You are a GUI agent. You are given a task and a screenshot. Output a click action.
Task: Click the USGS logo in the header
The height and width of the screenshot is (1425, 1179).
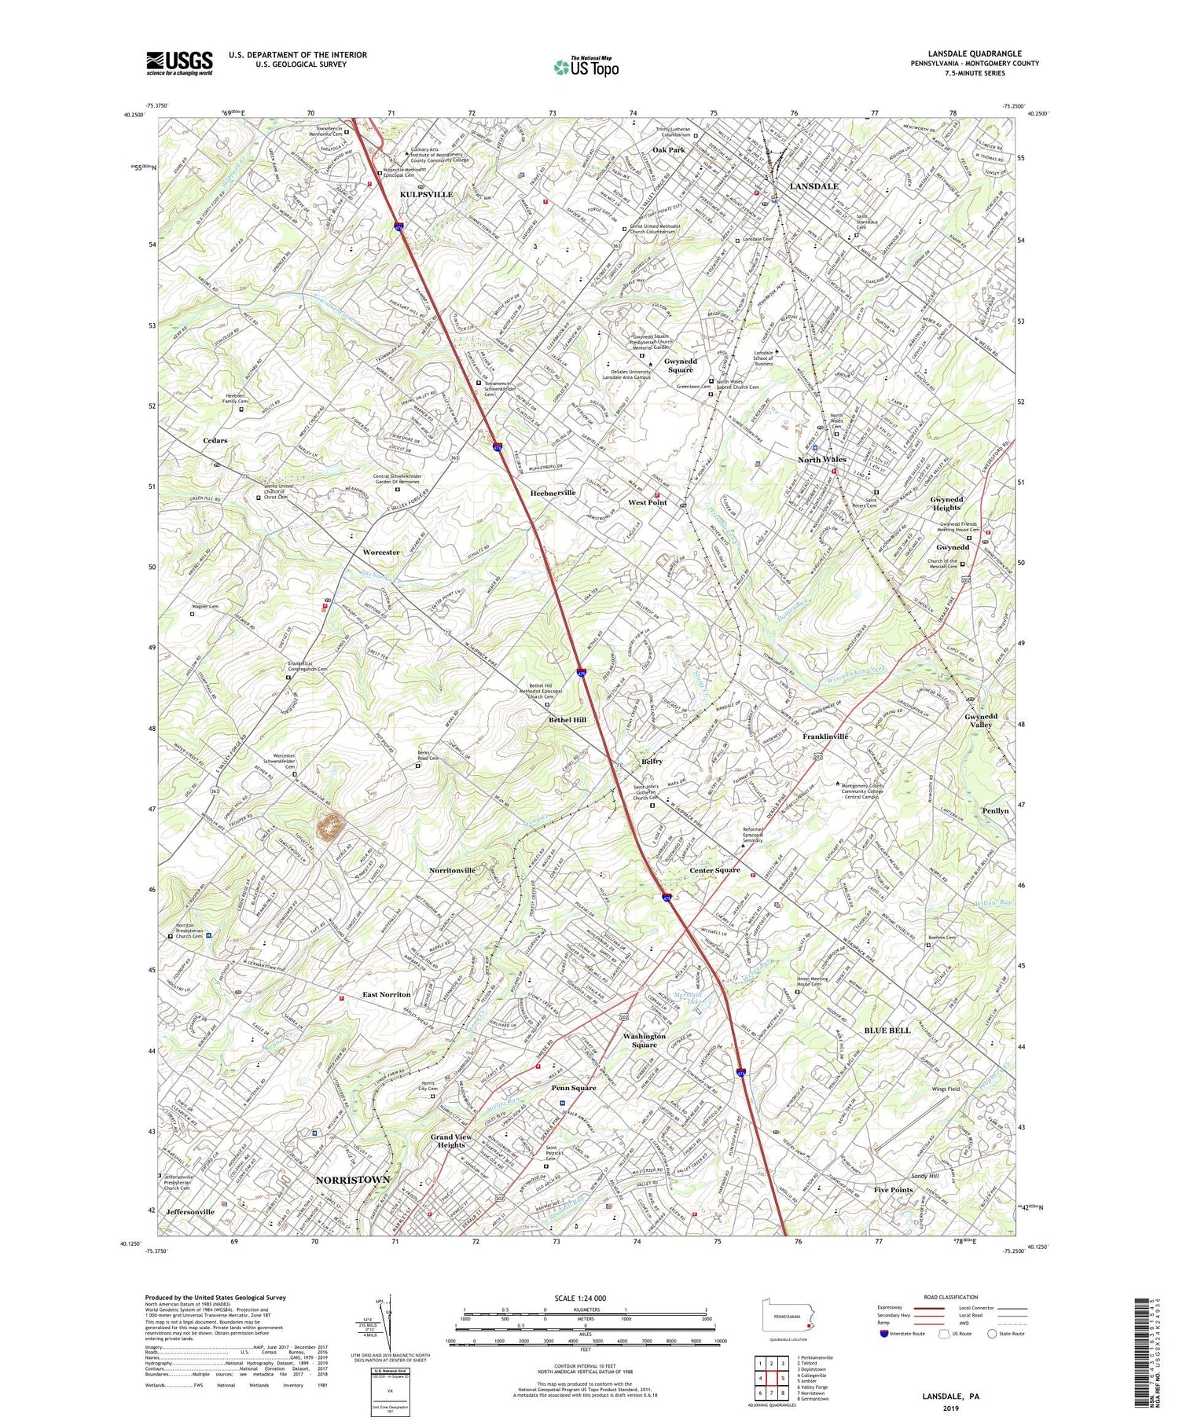click(179, 63)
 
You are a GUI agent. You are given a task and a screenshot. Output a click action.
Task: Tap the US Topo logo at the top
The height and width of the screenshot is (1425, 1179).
click(586, 67)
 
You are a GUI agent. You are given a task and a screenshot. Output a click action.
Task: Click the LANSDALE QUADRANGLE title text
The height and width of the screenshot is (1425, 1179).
click(974, 53)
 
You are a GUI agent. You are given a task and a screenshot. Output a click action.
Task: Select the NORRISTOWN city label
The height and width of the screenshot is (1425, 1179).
click(353, 1180)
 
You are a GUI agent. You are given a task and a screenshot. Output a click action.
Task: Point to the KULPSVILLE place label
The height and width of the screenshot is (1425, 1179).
click(427, 194)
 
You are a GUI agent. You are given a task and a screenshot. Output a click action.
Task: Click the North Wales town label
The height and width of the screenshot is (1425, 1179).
click(822, 459)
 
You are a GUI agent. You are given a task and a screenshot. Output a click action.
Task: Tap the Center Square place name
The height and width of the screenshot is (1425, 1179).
click(714, 870)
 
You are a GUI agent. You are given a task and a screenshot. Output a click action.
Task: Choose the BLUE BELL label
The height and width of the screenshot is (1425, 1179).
click(887, 1030)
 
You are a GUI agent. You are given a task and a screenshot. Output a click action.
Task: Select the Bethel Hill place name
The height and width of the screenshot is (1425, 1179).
click(567, 719)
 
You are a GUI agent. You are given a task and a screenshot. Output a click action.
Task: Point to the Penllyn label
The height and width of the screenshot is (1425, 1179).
click(995, 810)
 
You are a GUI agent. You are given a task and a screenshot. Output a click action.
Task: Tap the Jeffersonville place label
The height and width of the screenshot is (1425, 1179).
click(190, 1211)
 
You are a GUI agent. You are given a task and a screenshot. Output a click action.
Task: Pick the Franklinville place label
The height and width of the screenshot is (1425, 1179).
click(825, 736)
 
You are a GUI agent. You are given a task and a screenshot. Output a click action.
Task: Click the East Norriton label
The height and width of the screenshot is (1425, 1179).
click(387, 994)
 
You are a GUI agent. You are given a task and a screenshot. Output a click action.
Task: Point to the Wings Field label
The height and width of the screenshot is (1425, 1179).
click(946, 1089)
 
